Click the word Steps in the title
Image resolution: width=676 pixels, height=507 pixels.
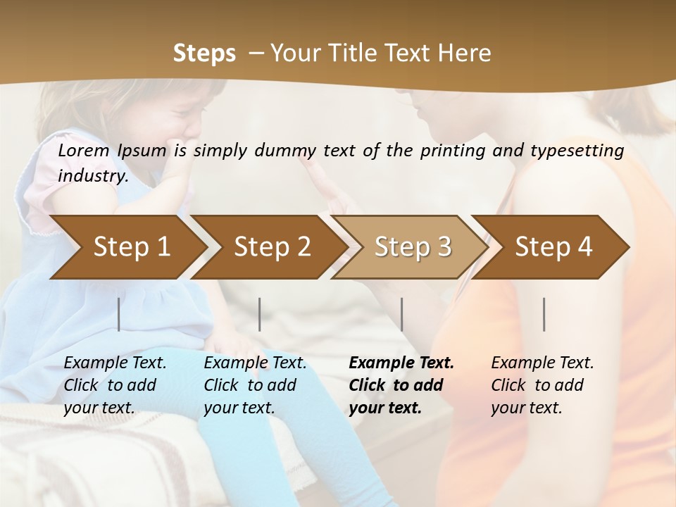tap(204, 54)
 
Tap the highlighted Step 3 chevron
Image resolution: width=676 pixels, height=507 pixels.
tap(413, 246)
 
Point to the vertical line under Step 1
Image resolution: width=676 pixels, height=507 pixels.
tap(119, 314)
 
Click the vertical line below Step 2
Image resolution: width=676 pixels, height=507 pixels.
tap(260, 314)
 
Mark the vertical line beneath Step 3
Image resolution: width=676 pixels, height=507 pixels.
tap(402, 314)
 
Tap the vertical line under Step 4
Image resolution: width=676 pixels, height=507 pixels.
tap(544, 314)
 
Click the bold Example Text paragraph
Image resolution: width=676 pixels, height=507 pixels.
tap(401, 385)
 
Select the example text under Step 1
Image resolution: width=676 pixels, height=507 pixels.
tap(115, 385)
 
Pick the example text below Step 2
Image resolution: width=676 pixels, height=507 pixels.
tap(255, 385)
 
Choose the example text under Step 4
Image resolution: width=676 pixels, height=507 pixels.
tap(542, 385)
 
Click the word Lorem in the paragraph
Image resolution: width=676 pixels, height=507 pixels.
tap(83, 150)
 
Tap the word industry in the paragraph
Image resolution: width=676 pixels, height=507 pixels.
tap(92, 176)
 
